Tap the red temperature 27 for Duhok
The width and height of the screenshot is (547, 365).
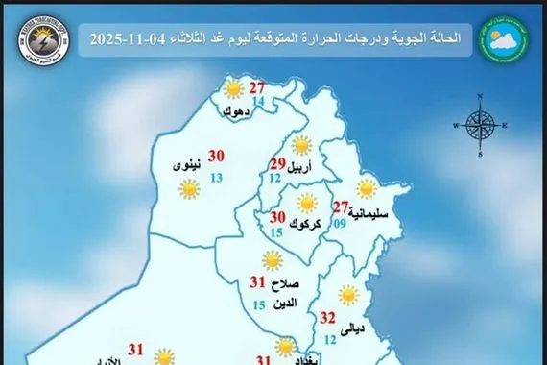pyautogui.click(x=257, y=89)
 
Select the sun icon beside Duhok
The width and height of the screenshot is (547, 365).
pyautogui.click(x=232, y=90)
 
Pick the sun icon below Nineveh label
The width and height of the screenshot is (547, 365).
pyautogui.click(x=189, y=190)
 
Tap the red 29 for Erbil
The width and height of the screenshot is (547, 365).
pyautogui.click(x=278, y=162)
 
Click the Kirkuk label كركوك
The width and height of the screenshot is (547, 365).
pyautogui.click(x=283, y=220)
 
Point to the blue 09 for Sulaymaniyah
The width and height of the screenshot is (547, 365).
pyautogui.click(x=339, y=224)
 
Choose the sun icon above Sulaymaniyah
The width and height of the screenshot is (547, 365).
pyautogui.click(x=366, y=188)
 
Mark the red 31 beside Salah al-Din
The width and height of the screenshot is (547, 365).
pyautogui.click(x=257, y=283)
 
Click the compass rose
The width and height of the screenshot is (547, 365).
pyautogui.click(x=479, y=122)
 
